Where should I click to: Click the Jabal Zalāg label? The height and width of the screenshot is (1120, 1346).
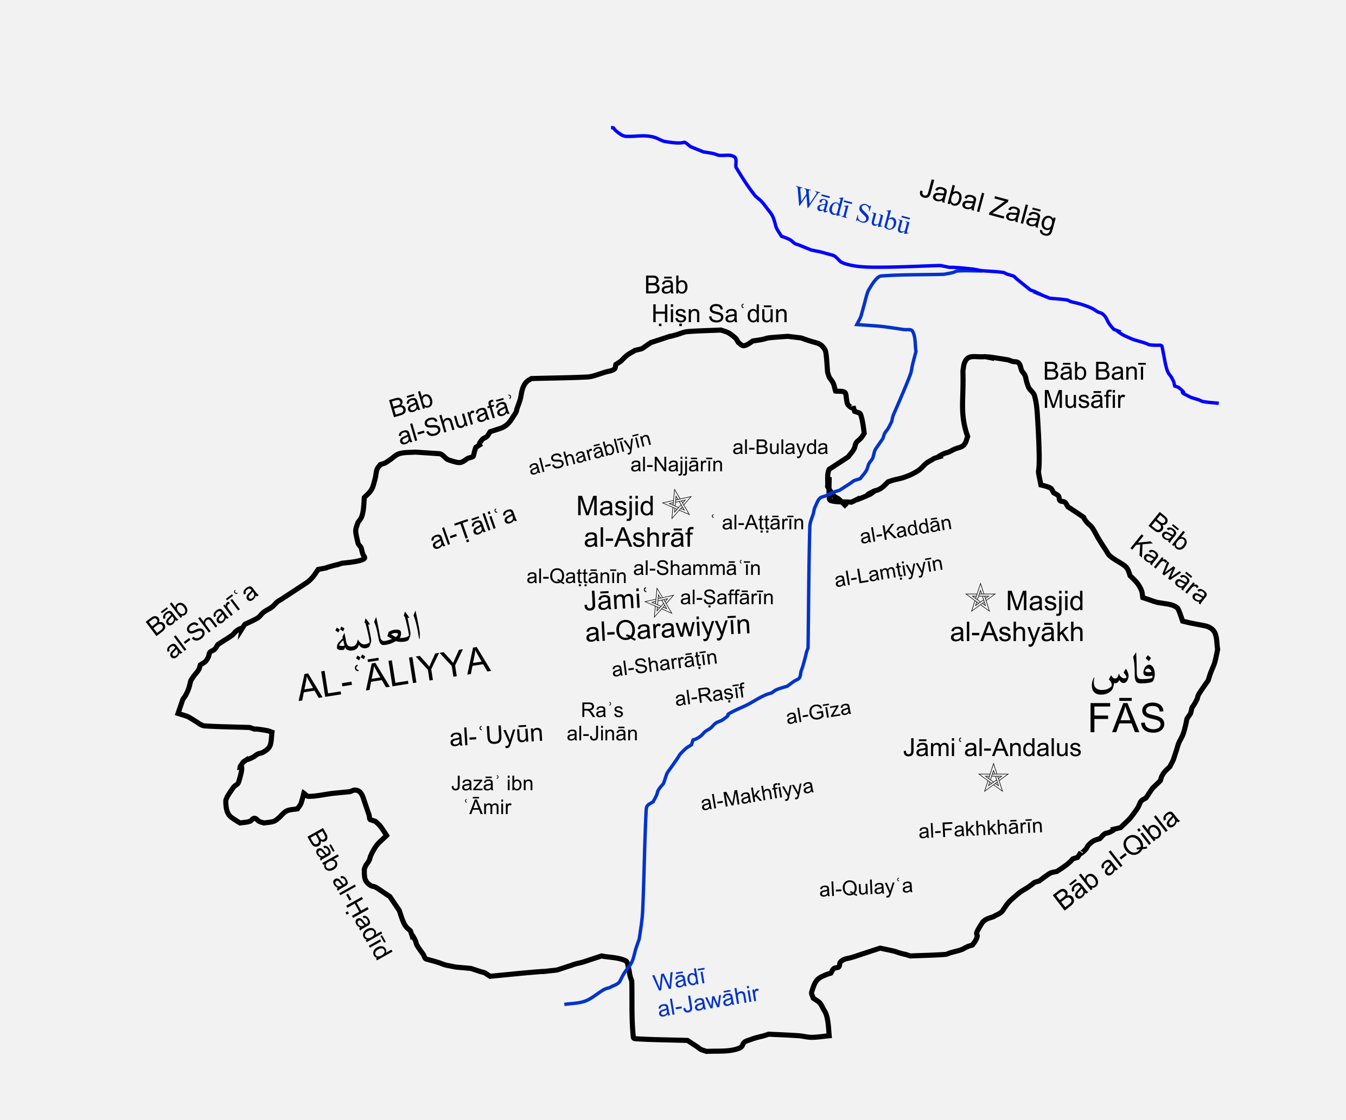(987, 206)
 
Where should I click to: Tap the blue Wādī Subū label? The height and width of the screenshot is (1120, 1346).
(852, 209)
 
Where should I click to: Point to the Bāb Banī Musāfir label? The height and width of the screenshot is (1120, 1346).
(1093, 385)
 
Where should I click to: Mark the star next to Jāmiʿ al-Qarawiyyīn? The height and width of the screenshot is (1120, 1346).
(660, 601)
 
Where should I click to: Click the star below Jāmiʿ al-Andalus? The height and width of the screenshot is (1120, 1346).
(993, 779)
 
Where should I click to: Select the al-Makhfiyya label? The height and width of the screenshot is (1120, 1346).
(757, 795)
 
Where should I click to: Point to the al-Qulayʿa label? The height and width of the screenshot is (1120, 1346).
(865, 888)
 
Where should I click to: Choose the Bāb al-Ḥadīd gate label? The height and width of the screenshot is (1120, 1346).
(349, 894)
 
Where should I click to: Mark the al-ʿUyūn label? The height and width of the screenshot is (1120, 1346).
(496, 735)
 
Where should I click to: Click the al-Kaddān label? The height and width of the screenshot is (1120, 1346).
(905, 529)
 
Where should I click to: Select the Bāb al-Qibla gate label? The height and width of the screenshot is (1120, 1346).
(1116, 859)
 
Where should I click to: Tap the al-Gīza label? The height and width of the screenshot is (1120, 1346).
(819, 712)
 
